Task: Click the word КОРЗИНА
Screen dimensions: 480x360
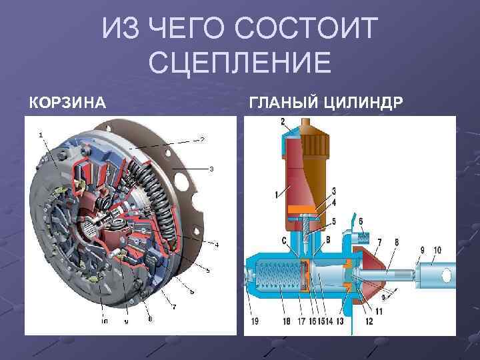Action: point(66,103)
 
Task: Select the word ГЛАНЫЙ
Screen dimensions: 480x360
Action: point(283,103)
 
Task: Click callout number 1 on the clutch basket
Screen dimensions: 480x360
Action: point(41,134)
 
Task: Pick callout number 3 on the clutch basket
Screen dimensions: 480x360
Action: point(211,169)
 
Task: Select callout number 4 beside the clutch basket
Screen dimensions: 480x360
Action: point(216,244)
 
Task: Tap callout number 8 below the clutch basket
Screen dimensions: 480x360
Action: point(150,319)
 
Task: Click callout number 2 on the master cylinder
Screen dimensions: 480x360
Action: point(283,121)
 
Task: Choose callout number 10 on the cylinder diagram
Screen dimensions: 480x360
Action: point(437,250)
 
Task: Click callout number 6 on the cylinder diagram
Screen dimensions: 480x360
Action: point(361,221)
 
